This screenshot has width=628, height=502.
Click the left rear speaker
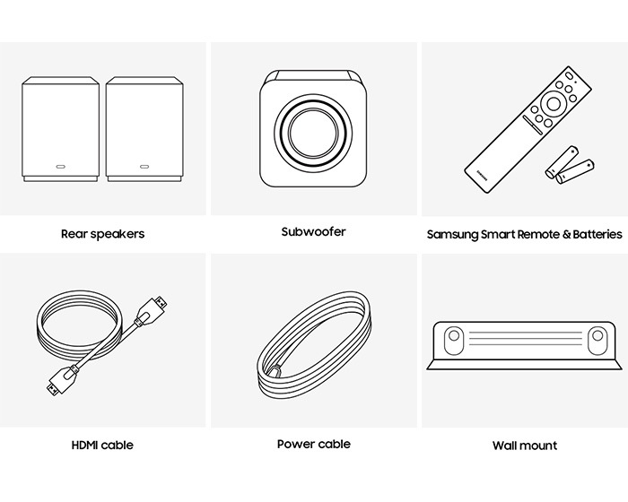click(x=59, y=129)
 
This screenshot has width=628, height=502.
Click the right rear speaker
click(x=144, y=129)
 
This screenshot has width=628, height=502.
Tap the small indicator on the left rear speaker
click(x=60, y=167)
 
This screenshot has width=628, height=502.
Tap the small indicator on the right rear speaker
click(x=144, y=167)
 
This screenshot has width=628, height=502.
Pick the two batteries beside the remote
click(x=572, y=168)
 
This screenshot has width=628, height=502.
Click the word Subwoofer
click(x=313, y=232)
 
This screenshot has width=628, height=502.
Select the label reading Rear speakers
click(x=102, y=234)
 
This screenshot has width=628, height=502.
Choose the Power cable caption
click(x=313, y=444)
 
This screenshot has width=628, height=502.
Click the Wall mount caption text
click(x=524, y=446)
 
